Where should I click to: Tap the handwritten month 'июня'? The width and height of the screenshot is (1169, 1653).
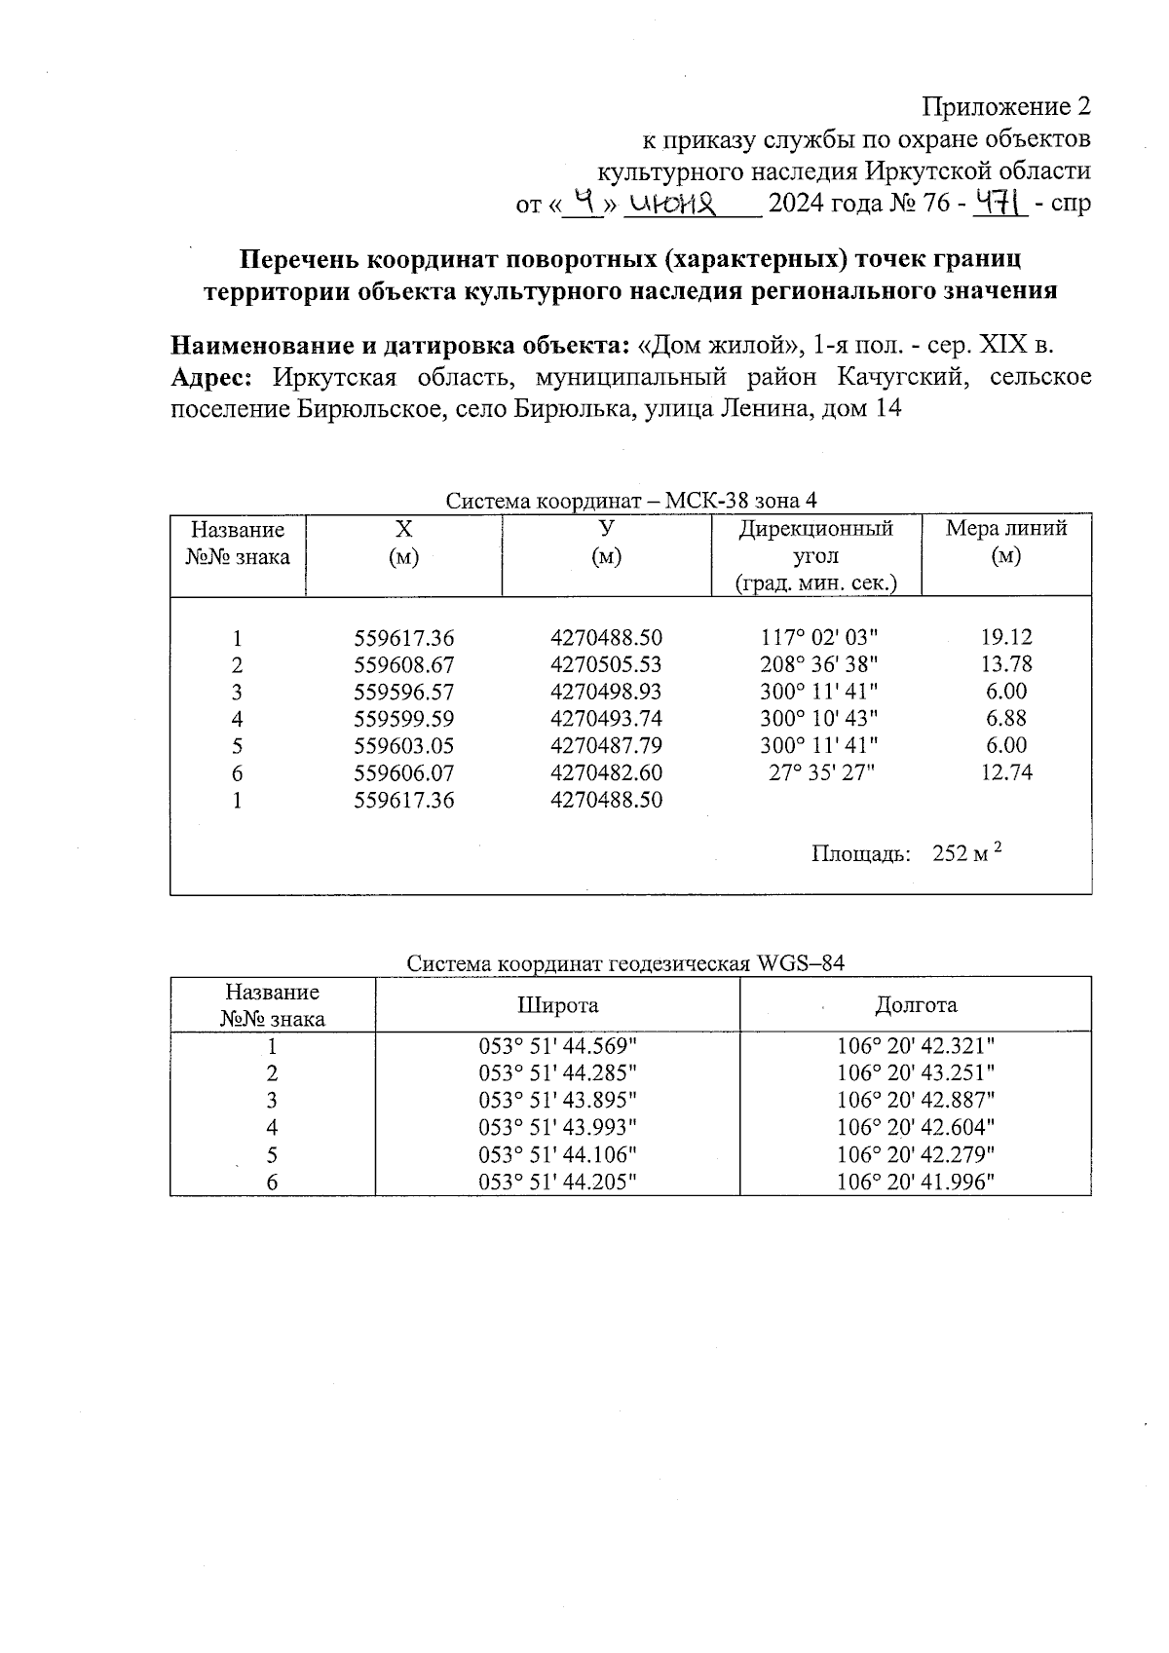coord(673,204)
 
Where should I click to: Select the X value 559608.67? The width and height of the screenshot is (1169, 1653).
coord(403,665)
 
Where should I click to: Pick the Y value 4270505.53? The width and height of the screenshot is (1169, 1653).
coord(606,665)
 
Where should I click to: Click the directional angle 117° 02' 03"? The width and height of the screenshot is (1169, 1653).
coord(818,638)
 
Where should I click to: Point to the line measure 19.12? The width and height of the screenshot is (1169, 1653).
coord(1006,638)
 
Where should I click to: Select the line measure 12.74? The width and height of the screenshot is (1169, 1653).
coord(1006,773)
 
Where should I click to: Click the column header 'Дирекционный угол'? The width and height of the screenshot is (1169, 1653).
coord(815,543)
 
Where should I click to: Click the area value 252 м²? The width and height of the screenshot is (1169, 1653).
coord(967,853)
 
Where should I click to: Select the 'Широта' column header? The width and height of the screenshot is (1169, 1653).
coord(557,1005)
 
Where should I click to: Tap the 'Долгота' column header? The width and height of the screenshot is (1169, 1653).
coord(916,1005)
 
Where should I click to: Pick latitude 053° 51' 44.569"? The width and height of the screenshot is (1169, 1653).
coord(557,1047)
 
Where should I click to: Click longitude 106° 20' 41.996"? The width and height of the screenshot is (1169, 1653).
coord(916,1183)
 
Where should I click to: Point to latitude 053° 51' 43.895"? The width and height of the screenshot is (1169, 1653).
coord(557,1101)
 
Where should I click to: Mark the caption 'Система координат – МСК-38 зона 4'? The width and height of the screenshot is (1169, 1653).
coord(631,501)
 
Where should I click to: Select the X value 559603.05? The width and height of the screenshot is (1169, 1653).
coord(403,747)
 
